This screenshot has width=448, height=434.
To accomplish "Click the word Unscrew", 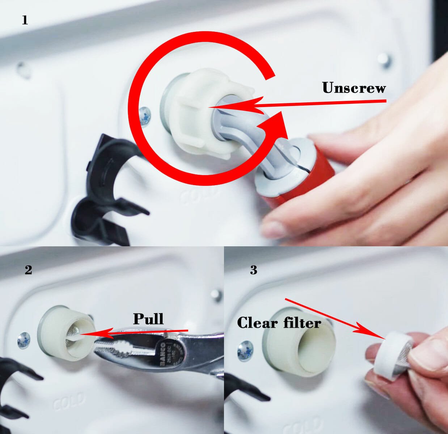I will click(354, 88).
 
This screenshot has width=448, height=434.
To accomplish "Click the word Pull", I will click(148, 319).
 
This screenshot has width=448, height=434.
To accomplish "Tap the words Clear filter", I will click(279, 323).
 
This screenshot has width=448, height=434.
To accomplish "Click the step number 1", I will click(25, 21).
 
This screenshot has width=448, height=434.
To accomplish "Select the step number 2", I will click(28, 270).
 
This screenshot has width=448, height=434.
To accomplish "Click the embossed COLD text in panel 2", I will click(69, 401).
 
